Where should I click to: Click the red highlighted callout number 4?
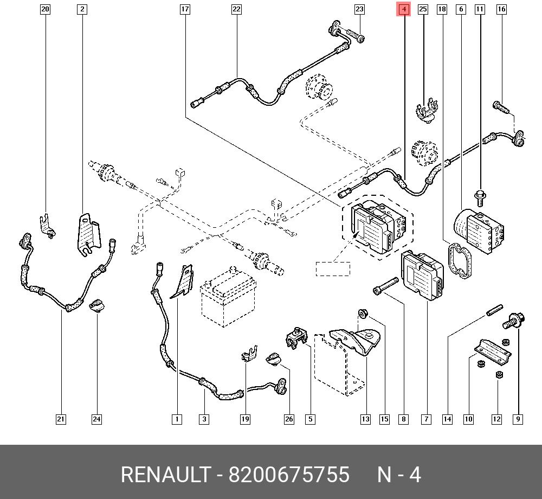point(404,9)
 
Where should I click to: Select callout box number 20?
point(45,9)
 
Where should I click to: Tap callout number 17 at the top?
point(185,9)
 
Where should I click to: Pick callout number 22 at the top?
point(236,9)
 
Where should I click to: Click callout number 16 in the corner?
point(501,9)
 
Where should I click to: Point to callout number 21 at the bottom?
point(61,419)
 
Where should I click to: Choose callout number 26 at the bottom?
point(289,419)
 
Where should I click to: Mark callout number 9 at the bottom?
point(518,419)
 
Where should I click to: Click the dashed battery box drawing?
point(228,296)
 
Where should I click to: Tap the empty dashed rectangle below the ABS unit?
point(333,269)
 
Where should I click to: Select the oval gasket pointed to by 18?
point(460,260)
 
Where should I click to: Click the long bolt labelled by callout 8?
point(386,286)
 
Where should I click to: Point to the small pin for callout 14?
point(495,310)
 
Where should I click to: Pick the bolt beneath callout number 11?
point(480,198)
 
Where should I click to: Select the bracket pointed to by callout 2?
point(88,235)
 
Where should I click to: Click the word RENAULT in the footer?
point(166,475)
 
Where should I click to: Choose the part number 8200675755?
point(289,475)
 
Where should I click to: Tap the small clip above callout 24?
point(97,306)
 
